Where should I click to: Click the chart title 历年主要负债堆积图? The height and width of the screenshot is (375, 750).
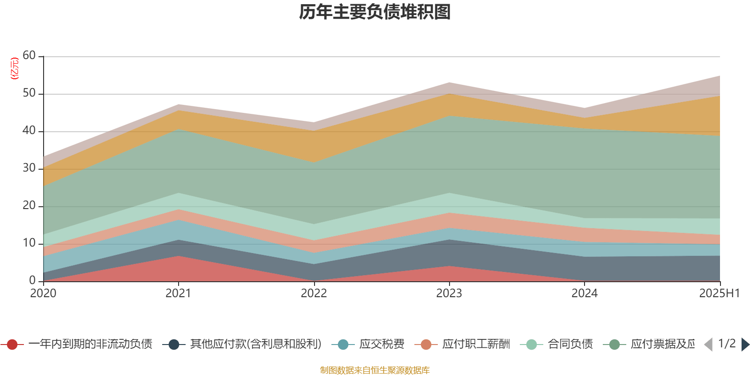tap(375, 12)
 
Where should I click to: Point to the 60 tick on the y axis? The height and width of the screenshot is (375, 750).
tap(29, 55)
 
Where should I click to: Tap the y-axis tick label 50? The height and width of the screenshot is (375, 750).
tap(29, 93)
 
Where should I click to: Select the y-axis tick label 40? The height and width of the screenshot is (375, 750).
tap(29, 130)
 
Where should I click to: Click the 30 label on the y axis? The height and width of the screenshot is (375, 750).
tap(29, 168)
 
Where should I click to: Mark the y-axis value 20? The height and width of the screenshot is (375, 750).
tap(29, 205)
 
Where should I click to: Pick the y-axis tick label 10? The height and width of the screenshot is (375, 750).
tap(29, 243)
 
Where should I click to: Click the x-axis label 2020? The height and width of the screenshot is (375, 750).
tap(43, 293)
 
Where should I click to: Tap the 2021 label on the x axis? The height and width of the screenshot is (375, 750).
tap(178, 293)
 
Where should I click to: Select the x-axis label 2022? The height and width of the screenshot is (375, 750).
tap(314, 293)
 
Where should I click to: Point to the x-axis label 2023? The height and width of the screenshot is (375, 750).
tap(449, 293)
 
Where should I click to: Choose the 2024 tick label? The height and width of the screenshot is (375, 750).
tap(585, 293)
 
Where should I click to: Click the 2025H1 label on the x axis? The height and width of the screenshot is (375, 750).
tap(719, 293)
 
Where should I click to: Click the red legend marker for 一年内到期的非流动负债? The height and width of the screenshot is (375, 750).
tap(13, 345)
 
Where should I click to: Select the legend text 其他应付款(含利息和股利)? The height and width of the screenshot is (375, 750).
tap(255, 345)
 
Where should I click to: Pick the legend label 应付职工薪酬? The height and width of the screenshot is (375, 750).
tap(476, 345)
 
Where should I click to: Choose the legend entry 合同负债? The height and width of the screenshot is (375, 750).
tap(570, 345)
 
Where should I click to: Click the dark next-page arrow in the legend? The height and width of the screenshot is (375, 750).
tap(745, 345)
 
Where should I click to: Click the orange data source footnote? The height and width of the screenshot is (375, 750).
tap(375, 370)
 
